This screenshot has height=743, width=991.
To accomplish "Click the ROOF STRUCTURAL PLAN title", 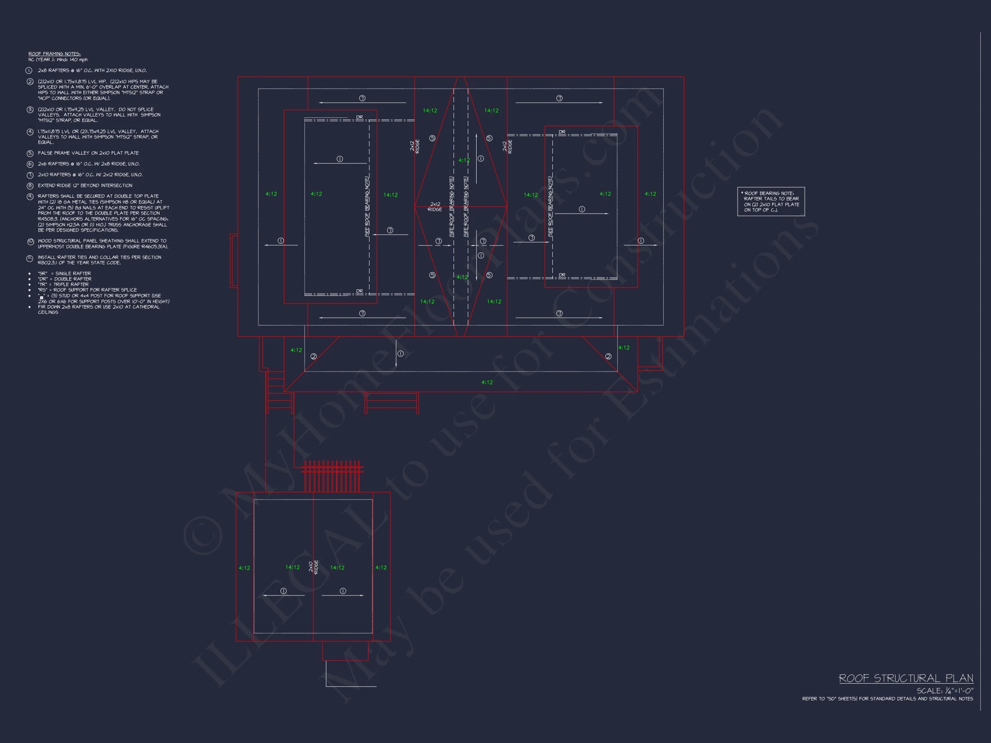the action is (x=906, y=679).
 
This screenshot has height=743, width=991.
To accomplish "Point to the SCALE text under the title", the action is (x=945, y=691).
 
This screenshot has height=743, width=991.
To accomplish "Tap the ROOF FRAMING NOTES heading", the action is (x=54, y=54).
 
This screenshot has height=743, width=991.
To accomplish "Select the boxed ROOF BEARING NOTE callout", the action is (x=771, y=202).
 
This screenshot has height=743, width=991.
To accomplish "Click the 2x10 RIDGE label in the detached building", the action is (x=314, y=567).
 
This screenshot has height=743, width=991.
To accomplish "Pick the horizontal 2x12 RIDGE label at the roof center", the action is (x=434, y=206).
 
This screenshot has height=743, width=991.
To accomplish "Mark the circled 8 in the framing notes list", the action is (x=30, y=185).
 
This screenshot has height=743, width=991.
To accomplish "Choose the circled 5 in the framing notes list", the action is (x=30, y=153).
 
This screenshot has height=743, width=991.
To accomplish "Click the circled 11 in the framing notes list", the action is (x=30, y=258).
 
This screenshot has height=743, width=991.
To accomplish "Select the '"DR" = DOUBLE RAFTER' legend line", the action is (x=65, y=279).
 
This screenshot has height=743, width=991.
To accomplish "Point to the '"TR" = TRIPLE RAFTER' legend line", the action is (x=63, y=284).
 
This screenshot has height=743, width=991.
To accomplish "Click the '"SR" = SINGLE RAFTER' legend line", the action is (x=64, y=273).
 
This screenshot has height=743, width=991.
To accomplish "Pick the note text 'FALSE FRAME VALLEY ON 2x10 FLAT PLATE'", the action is (x=88, y=153).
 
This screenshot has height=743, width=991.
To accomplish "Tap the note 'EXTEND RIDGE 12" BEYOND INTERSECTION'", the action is (x=85, y=185).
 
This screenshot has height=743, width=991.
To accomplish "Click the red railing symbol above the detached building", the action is (x=332, y=476).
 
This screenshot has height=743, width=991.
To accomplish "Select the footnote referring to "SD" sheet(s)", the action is (x=887, y=699).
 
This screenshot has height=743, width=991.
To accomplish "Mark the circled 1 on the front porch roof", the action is (x=400, y=354).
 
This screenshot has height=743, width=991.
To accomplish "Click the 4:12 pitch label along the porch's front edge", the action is (x=487, y=382).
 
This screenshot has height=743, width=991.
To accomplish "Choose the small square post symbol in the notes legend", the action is (x=41, y=297).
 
